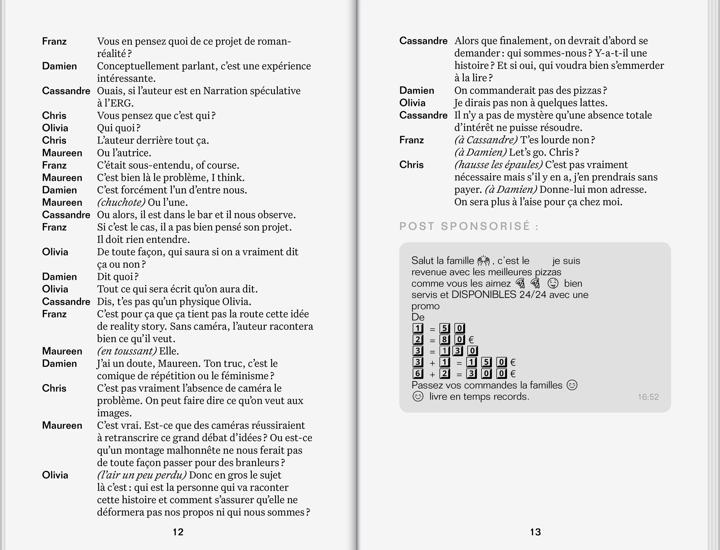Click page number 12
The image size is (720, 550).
178,532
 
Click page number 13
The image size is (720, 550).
535,532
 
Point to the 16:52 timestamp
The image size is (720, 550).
648,397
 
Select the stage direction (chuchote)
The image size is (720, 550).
121,202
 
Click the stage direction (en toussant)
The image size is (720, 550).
127,351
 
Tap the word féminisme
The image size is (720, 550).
244,376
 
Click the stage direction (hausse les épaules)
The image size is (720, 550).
498,165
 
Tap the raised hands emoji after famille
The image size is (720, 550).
484,260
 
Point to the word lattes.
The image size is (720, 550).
591,103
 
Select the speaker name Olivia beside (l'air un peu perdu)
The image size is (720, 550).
55,475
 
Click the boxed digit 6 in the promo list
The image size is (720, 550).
418,374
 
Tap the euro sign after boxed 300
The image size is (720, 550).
513,374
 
